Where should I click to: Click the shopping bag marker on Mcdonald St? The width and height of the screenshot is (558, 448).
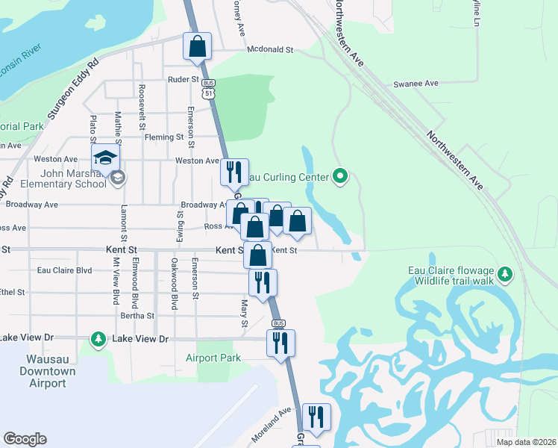pyautogui.click(x=197, y=46)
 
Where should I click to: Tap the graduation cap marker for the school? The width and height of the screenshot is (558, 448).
pyautogui.click(x=106, y=158)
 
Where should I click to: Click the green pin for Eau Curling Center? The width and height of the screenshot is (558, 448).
pyautogui.click(x=341, y=177)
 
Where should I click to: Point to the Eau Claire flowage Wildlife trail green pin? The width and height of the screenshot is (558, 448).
pyautogui.click(x=506, y=275)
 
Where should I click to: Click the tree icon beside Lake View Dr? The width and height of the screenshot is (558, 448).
pyautogui.click(x=98, y=340)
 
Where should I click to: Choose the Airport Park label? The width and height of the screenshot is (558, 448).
pyautogui.click(x=213, y=358)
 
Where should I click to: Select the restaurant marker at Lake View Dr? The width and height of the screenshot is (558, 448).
pyautogui.click(x=281, y=343)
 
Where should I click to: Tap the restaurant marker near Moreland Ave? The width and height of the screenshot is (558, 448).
pyautogui.click(x=316, y=417)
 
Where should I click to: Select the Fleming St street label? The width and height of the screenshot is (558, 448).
pyautogui.click(x=164, y=137)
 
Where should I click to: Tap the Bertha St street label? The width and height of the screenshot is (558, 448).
pyautogui.click(x=137, y=316)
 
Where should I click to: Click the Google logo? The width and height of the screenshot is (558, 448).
pyautogui.click(x=25, y=439)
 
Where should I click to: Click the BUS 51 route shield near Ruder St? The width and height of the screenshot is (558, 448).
pyautogui.click(x=209, y=88)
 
